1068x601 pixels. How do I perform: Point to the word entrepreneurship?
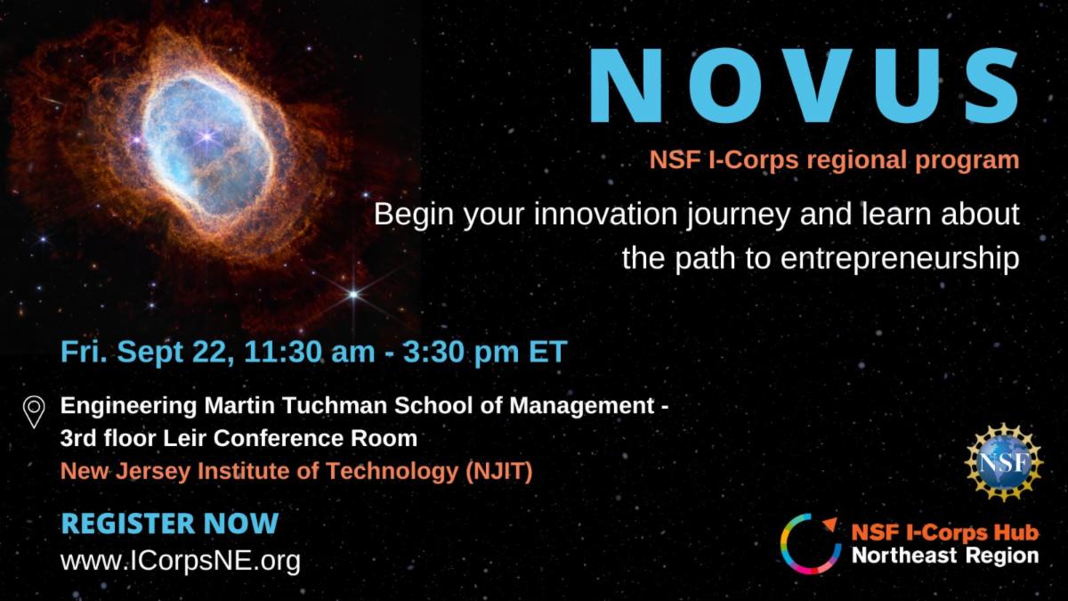(900, 258)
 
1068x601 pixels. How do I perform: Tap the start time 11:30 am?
(310, 352)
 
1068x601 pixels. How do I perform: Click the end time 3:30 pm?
(461, 352)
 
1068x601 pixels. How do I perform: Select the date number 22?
(213, 352)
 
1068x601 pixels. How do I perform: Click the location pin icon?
(34, 412)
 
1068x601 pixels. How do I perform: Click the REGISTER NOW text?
(170, 524)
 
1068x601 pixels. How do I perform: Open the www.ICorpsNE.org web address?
(181, 560)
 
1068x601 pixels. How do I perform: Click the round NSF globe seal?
(1004, 462)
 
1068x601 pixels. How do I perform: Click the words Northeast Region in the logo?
(945, 556)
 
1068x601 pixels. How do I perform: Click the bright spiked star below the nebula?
(353, 295)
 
